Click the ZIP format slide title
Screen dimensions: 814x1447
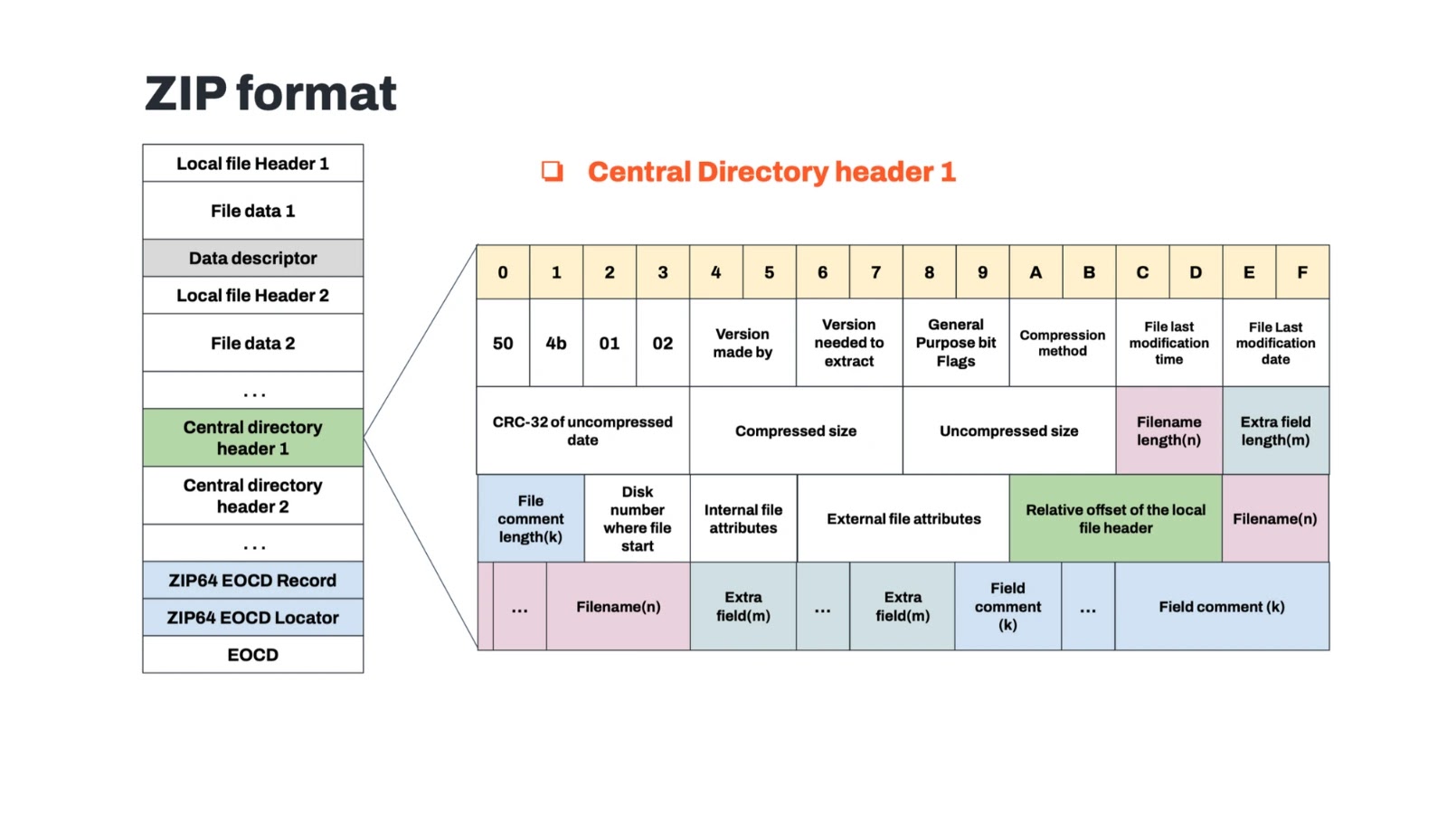270,94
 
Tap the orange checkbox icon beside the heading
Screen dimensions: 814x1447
552,171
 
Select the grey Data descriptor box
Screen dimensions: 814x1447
253,259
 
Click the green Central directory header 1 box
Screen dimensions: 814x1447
253,438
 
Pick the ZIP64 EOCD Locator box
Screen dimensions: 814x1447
253,618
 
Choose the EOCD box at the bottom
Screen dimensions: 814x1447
253,655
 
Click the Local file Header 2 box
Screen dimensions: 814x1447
253,296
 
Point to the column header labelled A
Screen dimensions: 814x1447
1036,272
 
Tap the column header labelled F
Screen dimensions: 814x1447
1302,272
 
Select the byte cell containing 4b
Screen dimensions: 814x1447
556,344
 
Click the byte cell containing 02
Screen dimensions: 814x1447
663,344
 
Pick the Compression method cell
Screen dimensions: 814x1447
1063,343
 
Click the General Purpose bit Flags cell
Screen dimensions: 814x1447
956,343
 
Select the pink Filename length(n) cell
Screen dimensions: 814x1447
1168,431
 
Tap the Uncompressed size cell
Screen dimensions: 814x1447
1008,431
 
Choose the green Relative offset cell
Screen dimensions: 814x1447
1115,518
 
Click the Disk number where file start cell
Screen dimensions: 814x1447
637,518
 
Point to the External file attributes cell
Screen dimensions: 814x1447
903,518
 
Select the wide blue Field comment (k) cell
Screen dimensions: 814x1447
1221,607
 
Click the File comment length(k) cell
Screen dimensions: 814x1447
531,518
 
